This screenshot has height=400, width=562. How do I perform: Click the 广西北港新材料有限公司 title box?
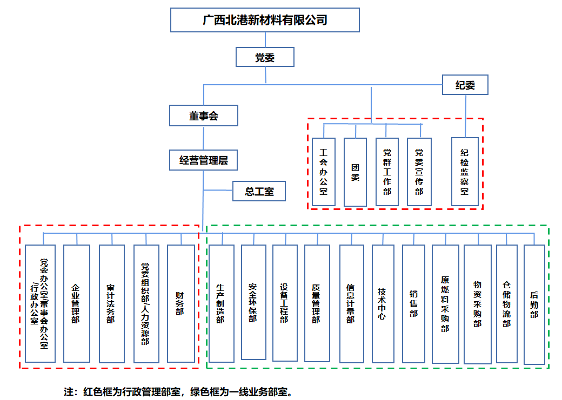click(265, 20)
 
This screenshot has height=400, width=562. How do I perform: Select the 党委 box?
click(265, 57)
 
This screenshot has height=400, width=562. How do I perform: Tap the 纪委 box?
click(465, 85)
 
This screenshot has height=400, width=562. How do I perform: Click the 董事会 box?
click(204, 116)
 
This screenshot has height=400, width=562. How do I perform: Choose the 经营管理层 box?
click(204, 160)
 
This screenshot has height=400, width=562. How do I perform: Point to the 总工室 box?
click(259, 191)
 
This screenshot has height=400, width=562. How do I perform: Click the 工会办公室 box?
click(323, 172)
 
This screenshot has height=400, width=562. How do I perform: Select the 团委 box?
click(355, 172)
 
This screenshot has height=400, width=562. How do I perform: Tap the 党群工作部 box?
click(387, 172)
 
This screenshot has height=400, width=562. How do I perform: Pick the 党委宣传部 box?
click(419, 172)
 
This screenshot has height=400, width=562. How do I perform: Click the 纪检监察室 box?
click(465, 172)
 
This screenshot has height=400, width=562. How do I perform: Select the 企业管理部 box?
click(76, 303)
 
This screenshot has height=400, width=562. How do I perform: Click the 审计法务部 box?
click(111, 303)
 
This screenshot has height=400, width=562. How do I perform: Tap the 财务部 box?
click(180, 303)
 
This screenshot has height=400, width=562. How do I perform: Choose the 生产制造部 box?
click(221, 303)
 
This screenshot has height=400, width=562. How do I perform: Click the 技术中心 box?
click(382, 303)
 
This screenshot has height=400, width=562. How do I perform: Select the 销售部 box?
click(413, 303)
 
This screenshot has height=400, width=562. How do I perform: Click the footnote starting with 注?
click(178, 391)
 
